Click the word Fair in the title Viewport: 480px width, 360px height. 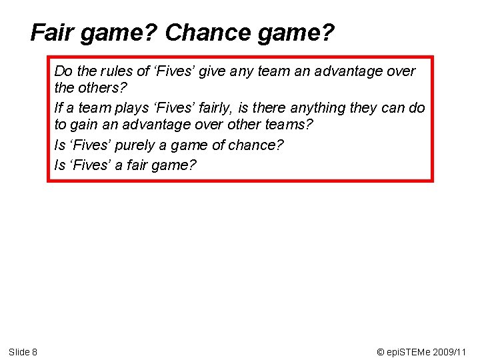pyautogui.click(x=53, y=32)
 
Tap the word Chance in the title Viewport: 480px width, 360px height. pyautogui.click(x=204, y=32)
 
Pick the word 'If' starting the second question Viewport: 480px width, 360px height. pyautogui.click(x=59, y=107)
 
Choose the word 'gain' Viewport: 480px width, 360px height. pyautogui.click(x=85, y=125)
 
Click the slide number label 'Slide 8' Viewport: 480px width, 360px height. pyautogui.click(x=23, y=351)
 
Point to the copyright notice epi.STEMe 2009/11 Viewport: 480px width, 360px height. pyautogui.click(x=421, y=351)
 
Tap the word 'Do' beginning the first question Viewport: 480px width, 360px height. pyautogui.click(x=63, y=71)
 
